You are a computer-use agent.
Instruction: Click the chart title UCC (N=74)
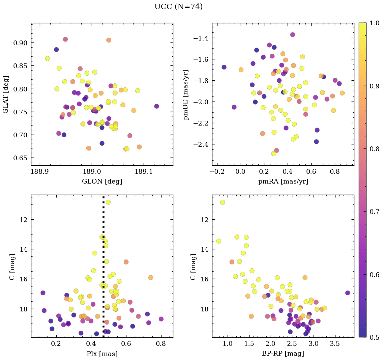(178, 7)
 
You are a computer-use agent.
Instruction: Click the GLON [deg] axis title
(102, 182)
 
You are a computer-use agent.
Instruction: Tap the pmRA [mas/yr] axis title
(283, 182)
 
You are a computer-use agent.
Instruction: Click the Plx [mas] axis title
(102, 354)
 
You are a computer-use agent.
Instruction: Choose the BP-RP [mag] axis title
(283, 354)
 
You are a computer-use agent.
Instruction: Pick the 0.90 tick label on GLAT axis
(20, 43)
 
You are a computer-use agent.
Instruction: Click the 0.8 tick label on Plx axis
(161, 344)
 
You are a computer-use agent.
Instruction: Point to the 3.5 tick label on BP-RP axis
(335, 344)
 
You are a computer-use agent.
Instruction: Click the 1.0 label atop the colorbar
(374, 23)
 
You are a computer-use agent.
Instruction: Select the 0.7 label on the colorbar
(374, 212)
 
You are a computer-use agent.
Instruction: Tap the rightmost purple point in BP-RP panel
(348, 293)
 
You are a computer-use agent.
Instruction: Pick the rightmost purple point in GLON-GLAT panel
(156, 106)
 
